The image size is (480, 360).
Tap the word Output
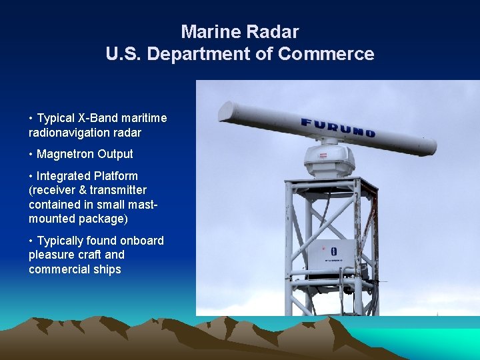pos(115,154)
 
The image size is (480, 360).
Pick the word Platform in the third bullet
pos(117,176)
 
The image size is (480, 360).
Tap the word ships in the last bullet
pos(107,269)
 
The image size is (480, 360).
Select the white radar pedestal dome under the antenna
pos(329,160)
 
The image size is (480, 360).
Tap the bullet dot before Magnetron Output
pos(31,154)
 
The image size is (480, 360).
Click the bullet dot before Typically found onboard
pos(31,241)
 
